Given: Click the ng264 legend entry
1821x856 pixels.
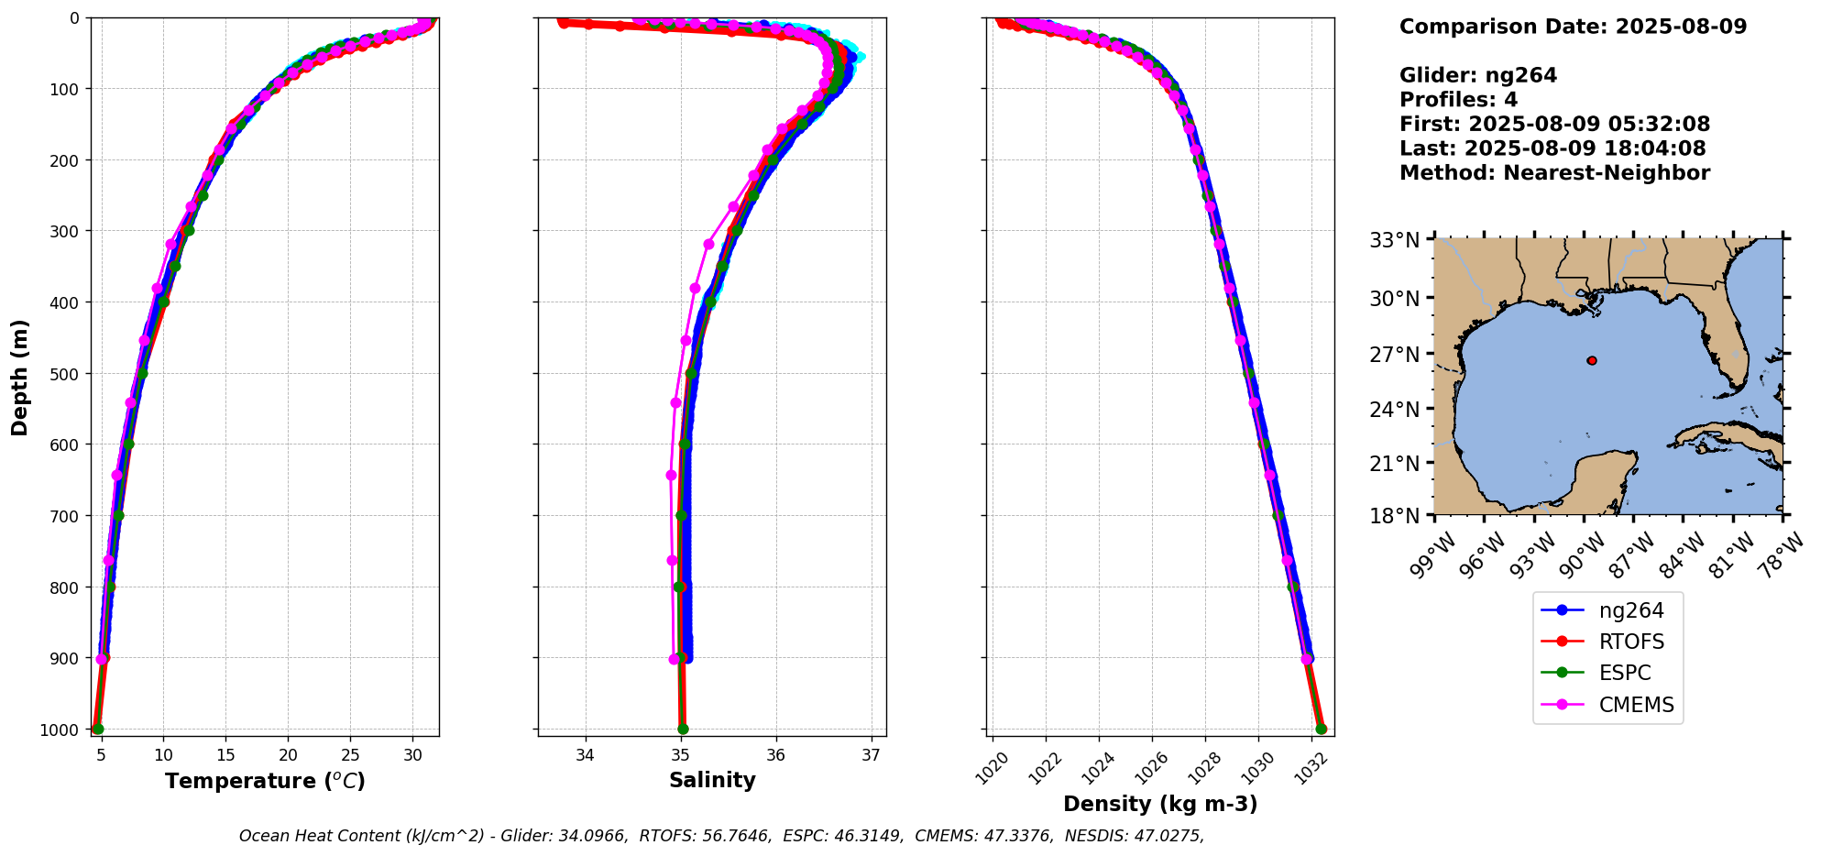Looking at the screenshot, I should pyautogui.click(x=1630, y=610).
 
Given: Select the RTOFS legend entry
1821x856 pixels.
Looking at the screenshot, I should pyautogui.click(x=1631, y=642).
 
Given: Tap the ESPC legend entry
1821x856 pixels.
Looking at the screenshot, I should pyautogui.click(x=1624, y=673).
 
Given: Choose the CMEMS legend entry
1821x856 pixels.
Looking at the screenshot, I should pyautogui.click(x=1636, y=705).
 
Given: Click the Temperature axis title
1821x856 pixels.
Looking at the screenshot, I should pyautogui.click(x=265, y=781).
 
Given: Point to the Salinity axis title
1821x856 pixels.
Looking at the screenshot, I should pyautogui.click(x=712, y=781).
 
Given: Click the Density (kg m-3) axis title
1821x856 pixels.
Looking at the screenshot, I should pyautogui.click(x=1160, y=804).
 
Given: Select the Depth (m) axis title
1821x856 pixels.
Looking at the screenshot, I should pyautogui.click(x=20, y=377).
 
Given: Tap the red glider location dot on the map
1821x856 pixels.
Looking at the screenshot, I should pyautogui.click(x=1592, y=361).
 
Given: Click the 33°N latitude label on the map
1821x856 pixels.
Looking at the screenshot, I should pyautogui.click(x=1394, y=240).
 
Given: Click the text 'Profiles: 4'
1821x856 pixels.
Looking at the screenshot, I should pyautogui.click(x=1458, y=100).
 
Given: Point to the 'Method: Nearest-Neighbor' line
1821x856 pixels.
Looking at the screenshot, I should pyautogui.click(x=1554, y=173).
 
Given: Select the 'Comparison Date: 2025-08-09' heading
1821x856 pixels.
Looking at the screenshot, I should pyautogui.click(x=1573, y=27).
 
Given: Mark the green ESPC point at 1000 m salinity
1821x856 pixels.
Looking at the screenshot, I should pyautogui.click(x=683, y=730).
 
